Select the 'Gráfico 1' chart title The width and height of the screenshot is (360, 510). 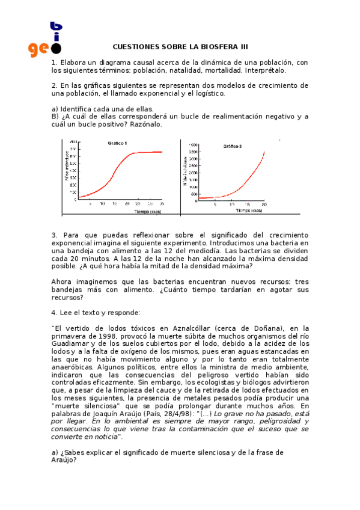tap(117, 144)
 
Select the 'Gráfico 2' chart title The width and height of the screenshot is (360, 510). tap(233, 146)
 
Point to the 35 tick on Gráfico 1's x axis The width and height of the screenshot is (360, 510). tap(162, 204)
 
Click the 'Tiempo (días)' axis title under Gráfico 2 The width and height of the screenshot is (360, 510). tap(248, 210)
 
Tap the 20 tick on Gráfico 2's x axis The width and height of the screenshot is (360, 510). tap(264, 204)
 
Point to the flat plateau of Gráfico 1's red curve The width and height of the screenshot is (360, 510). tap(150, 152)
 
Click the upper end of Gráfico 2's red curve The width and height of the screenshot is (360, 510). tap(264, 152)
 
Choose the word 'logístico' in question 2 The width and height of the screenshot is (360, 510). tap(208, 94)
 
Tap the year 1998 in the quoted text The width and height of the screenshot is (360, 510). tap(104, 336)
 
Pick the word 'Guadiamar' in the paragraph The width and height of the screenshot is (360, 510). tap(70, 343)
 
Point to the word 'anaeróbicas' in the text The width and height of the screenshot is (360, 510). tap(72, 366)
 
